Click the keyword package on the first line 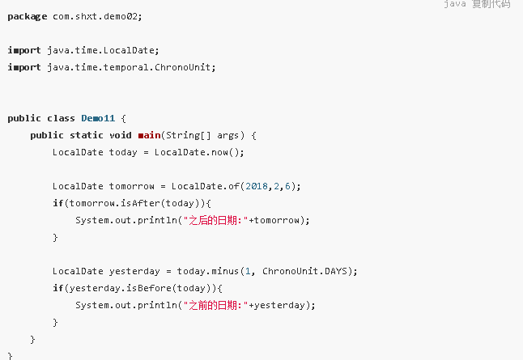point(27,16)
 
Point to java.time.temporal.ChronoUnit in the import point(131,67)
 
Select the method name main point(149,135)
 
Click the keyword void point(121,135)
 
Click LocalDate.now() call point(199,152)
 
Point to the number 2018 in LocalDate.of point(256,186)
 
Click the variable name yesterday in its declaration point(134,271)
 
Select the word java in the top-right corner point(455,4)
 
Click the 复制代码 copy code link point(491,4)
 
